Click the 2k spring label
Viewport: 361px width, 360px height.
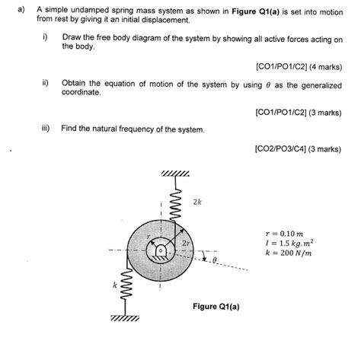point(197,202)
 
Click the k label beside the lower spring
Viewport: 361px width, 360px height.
point(115,285)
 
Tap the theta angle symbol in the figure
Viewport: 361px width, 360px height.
point(215,260)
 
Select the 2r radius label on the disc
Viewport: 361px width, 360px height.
point(186,244)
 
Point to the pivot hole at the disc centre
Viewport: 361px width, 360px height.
point(160,250)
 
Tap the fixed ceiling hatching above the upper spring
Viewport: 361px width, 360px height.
point(175,174)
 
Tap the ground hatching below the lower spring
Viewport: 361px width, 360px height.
point(125,318)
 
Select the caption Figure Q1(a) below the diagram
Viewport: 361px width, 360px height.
point(216,307)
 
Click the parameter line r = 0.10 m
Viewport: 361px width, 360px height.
point(284,234)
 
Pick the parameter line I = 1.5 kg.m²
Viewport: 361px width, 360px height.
point(289,243)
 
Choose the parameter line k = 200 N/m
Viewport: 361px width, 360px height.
point(289,253)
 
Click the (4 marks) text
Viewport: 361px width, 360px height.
point(326,67)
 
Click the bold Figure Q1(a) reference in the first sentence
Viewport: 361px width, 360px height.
point(255,11)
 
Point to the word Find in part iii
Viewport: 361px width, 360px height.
point(69,129)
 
